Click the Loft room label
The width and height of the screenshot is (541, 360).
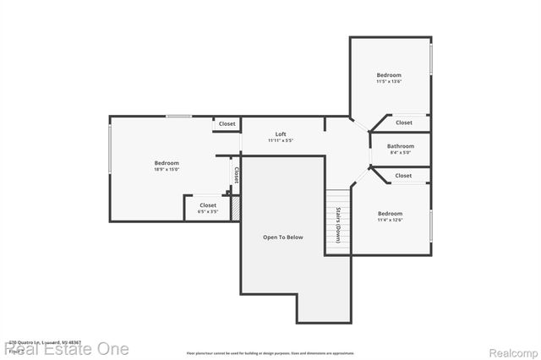[281, 134]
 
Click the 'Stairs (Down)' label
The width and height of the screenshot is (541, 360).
[338, 224]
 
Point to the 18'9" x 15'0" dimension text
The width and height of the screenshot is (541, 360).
[167, 170]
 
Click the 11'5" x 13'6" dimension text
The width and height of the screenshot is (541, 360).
[389, 82]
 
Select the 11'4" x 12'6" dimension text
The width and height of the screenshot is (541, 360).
[390, 221]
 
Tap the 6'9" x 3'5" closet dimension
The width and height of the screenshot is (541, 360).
[208, 212]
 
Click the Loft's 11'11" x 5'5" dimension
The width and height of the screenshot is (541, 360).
[281, 141]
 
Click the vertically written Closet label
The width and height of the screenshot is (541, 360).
[237, 175]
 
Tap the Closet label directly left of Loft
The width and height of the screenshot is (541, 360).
[227, 124]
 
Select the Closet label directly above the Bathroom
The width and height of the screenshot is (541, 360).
[404, 123]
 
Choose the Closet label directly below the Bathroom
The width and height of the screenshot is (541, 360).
[403, 176]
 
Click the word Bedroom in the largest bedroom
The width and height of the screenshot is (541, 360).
[167, 162]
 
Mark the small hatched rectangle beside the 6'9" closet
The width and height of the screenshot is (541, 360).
[237, 209]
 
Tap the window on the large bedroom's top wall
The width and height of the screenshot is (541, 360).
[178, 117]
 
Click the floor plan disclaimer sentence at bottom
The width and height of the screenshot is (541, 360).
[270, 352]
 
